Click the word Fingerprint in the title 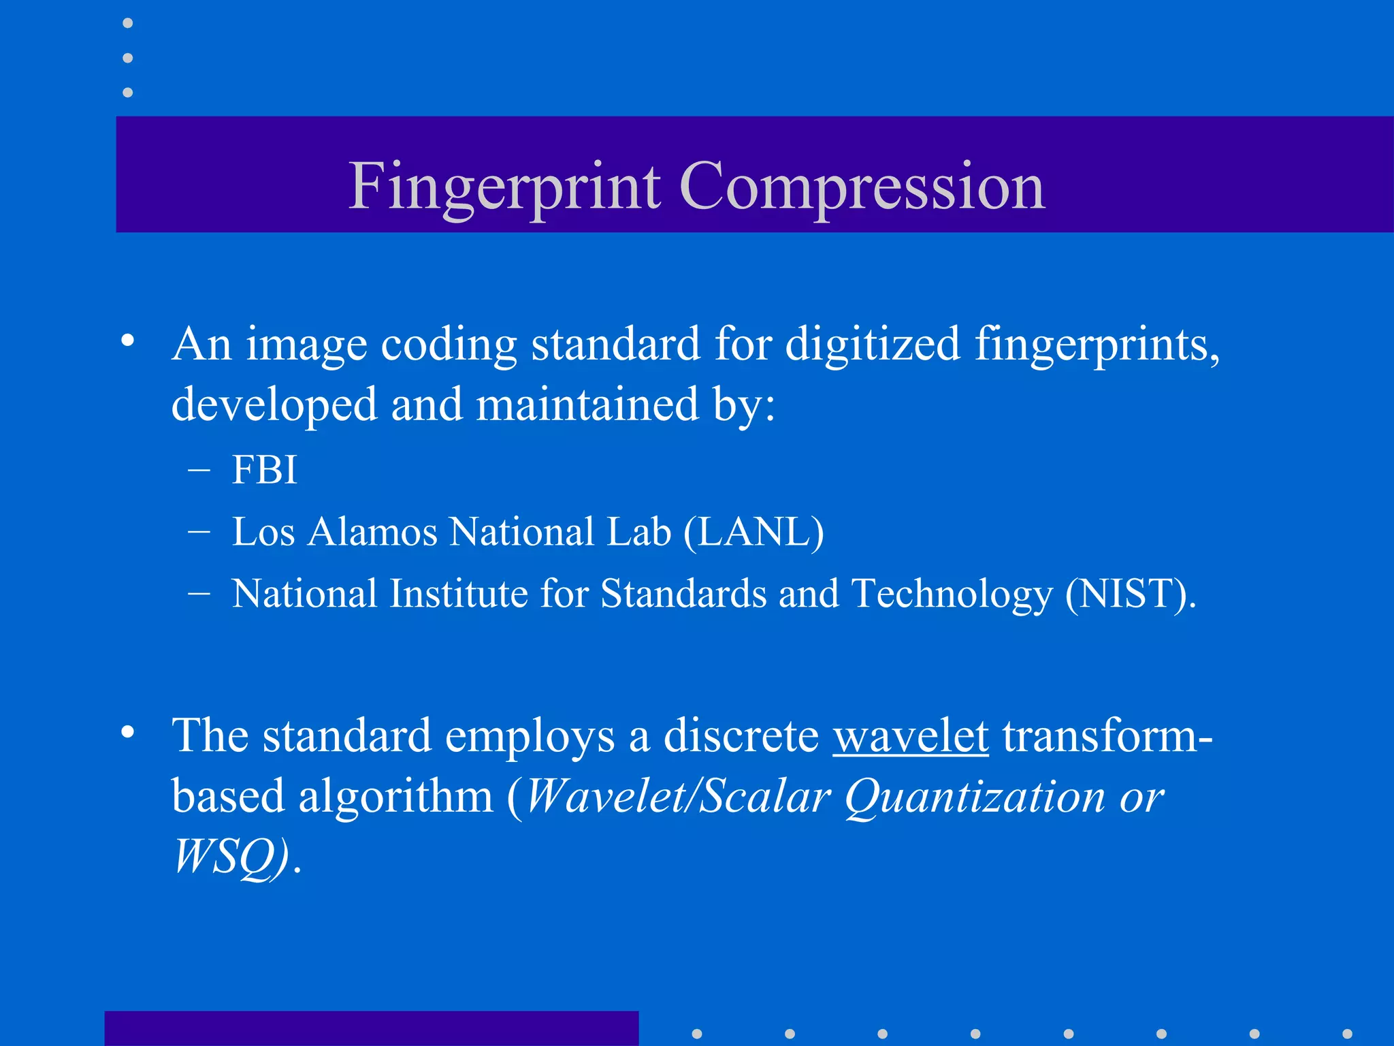pyautogui.click(x=504, y=186)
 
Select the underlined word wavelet pyautogui.click(x=911, y=736)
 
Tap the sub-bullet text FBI pyautogui.click(x=265, y=470)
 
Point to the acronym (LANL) pyautogui.click(x=753, y=532)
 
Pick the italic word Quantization pyautogui.click(x=975, y=796)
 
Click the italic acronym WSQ pyautogui.click(x=230, y=855)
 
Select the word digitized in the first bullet pyautogui.click(x=873, y=344)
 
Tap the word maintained pyautogui.click(x=587, y=405)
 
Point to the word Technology pyautogui.click(x=952, y=594)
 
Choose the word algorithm pyautogui.click(x=395, y=796)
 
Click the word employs pyautogui.click(x=530, y=738)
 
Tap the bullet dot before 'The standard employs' pyautogui.click(x=128, y=732)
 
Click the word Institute pyautogui.click(x=459, y=593)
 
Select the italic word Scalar pyautogui.click(x=765, y=796)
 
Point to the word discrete pyautogui.click(x=741, y=736)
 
